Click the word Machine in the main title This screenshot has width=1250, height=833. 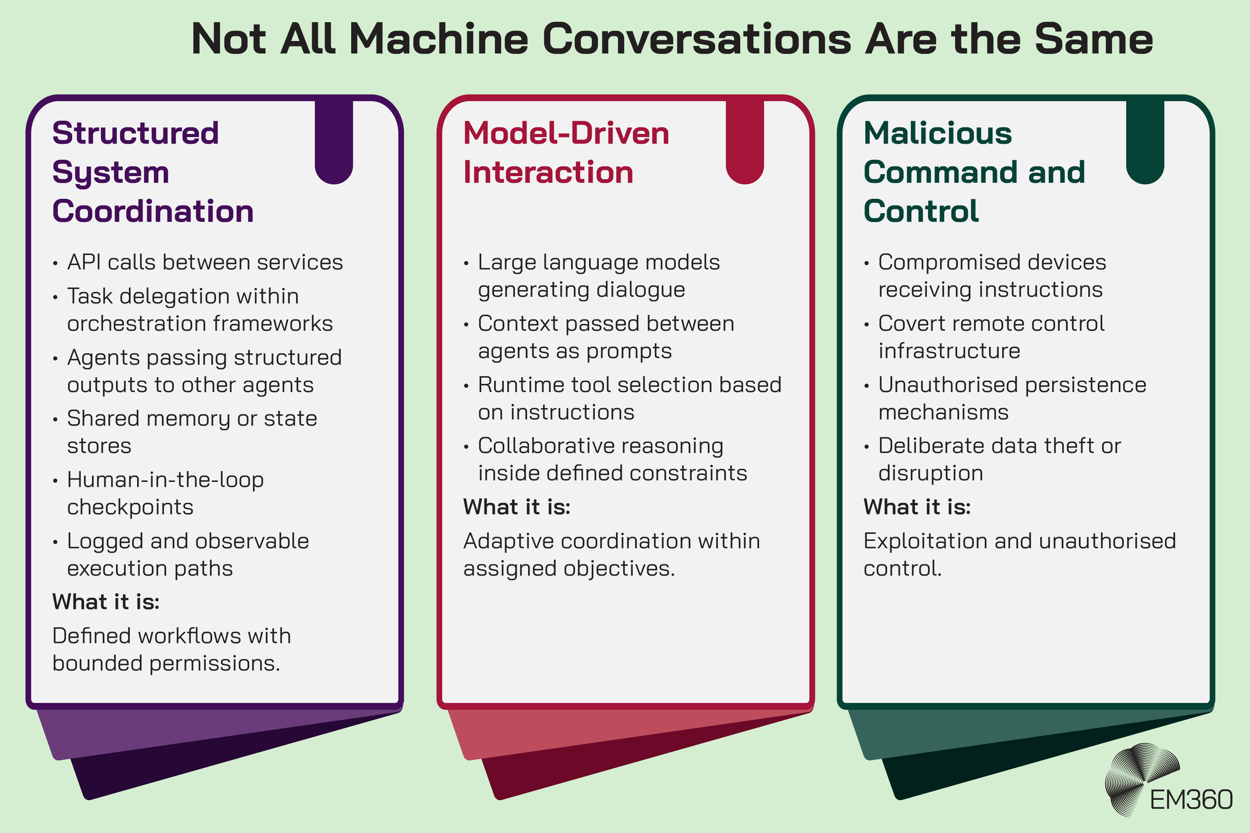(439, 39)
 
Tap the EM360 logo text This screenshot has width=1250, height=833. (1191, 800)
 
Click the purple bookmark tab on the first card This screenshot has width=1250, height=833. (334, 141)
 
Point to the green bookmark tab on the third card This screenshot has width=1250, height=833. (1145, 141)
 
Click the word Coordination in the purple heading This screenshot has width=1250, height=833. (153, 211)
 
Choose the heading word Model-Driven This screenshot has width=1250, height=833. (566, 133)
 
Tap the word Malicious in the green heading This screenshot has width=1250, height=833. (937, 133)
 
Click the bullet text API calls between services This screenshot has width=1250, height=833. (205, 262)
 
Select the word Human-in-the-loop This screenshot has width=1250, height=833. (165, 480)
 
